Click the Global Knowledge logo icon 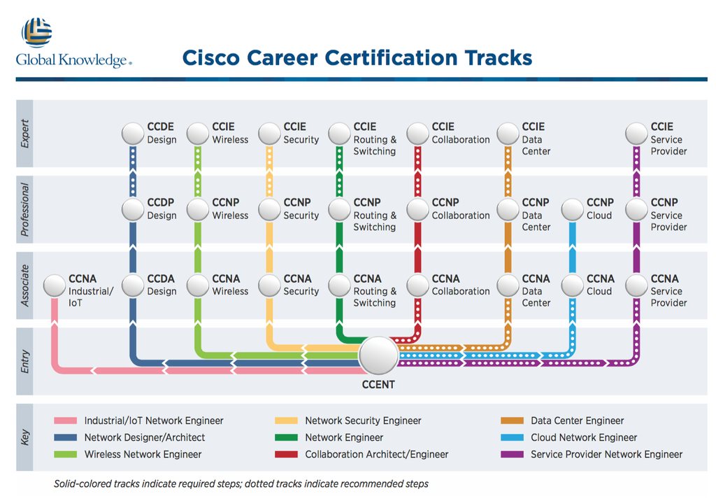36,32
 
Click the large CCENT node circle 378,356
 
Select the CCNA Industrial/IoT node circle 55,285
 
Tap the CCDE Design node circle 133,134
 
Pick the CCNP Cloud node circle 573,209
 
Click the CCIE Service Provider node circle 637,134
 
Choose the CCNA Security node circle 269,285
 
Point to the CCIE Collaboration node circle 417,134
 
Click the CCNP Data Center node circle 508,209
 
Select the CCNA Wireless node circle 199,285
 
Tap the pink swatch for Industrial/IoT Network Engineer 65,421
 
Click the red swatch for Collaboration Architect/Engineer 287,455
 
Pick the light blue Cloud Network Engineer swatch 513,438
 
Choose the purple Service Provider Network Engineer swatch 513,455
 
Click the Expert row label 25,134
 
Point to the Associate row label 25,285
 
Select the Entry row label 25,362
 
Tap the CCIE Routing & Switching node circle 340,134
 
